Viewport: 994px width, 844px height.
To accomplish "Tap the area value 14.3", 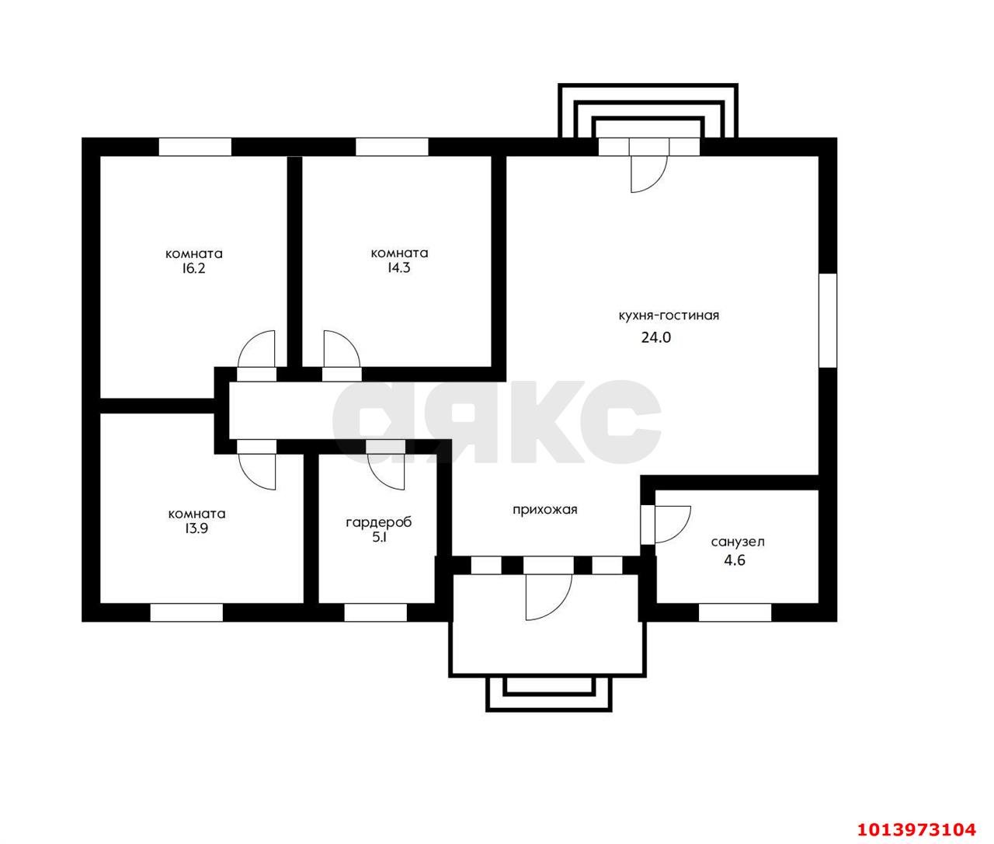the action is (x=398, y=268).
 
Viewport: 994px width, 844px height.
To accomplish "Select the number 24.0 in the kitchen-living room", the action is (x=656, y=337).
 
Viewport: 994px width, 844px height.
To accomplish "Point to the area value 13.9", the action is (x=196, y=528).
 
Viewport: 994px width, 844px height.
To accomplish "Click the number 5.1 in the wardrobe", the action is (x=380, y=538).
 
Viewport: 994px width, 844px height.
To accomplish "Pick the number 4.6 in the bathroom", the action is (x=735, y=560).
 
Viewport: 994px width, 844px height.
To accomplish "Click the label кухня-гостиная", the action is (x=669, y=316).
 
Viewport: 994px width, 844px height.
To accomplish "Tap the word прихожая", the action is (x=545, y=510).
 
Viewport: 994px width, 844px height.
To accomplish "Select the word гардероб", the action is (x=379, y=522).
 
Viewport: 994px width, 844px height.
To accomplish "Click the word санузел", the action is (x=738, y=542).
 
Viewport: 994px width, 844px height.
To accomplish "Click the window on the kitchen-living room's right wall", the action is (x=828, y=320).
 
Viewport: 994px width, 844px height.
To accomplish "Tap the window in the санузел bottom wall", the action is (x=735, y=612).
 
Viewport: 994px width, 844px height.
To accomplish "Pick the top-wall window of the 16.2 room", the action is (x=195, y=147).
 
